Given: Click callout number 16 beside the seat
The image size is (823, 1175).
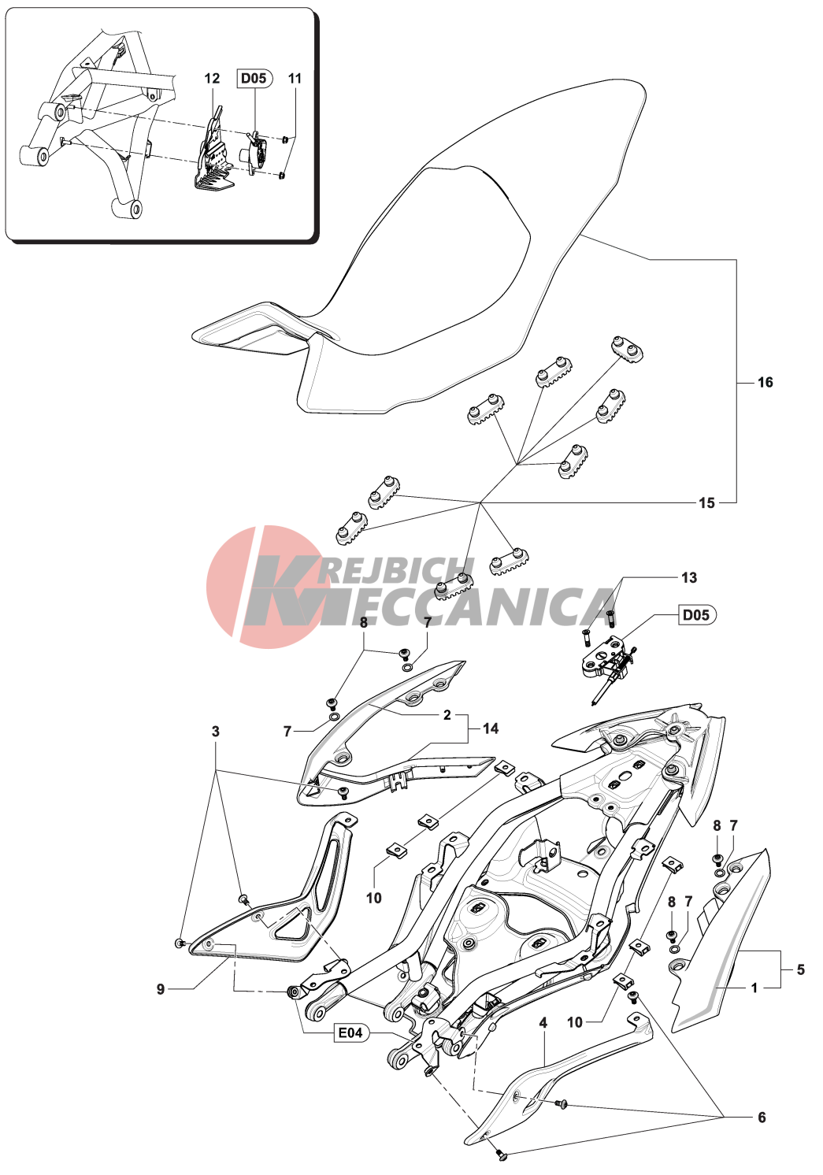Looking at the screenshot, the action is click(x=766, y=383).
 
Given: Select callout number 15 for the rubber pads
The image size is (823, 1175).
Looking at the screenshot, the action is click(x=706, y=502).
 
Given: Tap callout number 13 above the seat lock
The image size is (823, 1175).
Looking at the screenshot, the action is click(x=688, y=577).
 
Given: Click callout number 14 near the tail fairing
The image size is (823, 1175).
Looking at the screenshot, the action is click(x=491, y=728).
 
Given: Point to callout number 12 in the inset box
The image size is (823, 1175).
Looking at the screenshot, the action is click(x=212, y=79).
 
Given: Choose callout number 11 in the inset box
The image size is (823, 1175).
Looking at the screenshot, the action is click(x=295, y=79).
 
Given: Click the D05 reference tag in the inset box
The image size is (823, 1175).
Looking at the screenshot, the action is click(x=254, y=79).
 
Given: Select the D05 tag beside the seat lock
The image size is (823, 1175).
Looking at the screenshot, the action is click(x=696, y=614).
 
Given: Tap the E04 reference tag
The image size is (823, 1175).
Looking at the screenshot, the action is click(x=350, y=1032).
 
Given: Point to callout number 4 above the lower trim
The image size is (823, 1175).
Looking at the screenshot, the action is click(x=543, y=1022).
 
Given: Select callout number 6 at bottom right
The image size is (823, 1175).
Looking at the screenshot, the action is click(x=762, y=1118).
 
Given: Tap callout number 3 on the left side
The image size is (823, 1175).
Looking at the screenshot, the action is click(x=216, y=732).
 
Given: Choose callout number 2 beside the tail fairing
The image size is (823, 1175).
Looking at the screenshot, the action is click(x=447, y=715).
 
